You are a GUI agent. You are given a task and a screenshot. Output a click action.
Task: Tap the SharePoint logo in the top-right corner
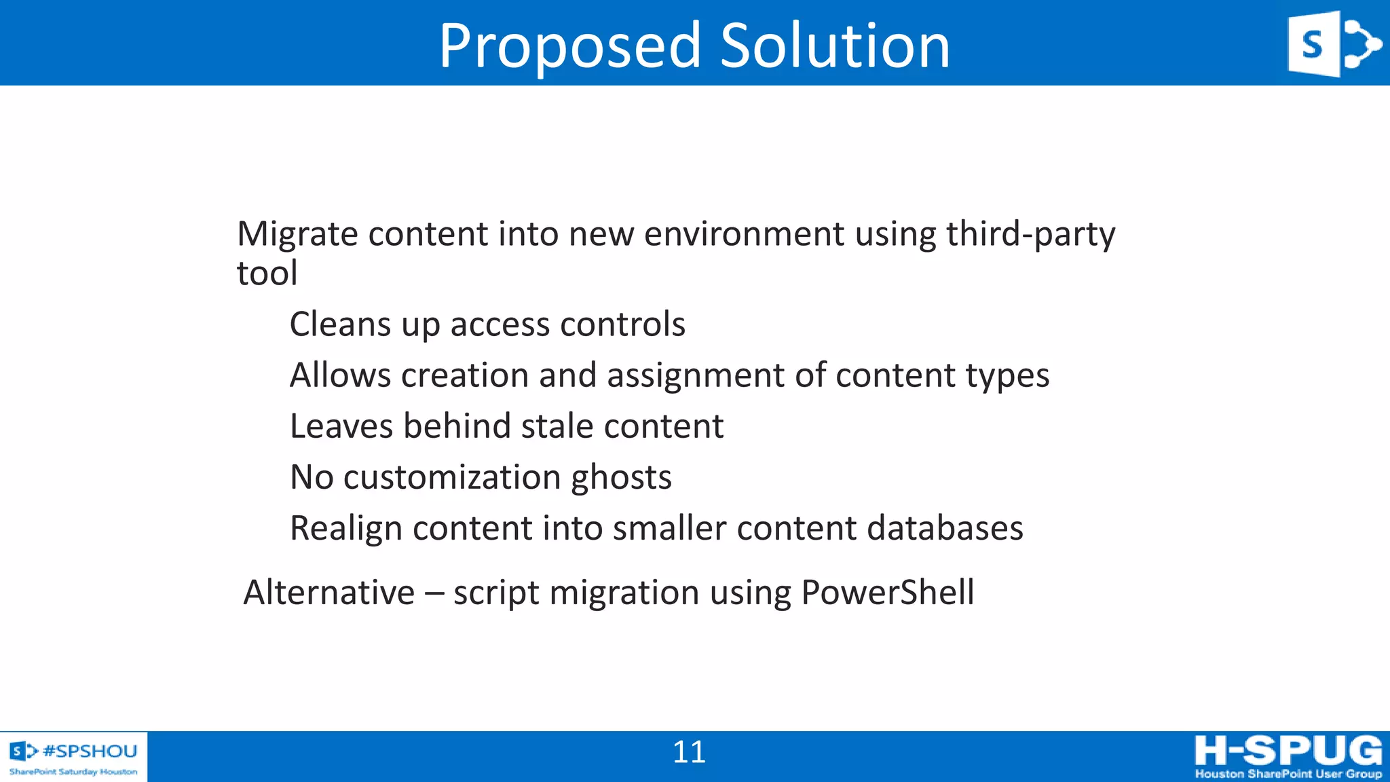[x=1334, y=43]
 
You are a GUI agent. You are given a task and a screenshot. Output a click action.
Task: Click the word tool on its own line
[x=267, y=274]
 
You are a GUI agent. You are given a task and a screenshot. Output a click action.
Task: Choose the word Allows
[x=340, y=375]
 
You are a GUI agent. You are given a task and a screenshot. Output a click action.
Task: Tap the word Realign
[x=345, y=528]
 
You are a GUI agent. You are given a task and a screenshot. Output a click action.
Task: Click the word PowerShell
[x=887, y=592]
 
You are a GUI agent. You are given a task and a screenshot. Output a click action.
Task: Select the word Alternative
[x=328, y=592]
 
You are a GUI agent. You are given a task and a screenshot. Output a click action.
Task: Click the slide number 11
[x=689, y=752]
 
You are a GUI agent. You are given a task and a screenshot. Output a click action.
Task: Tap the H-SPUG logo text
[x=1288, y=751]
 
